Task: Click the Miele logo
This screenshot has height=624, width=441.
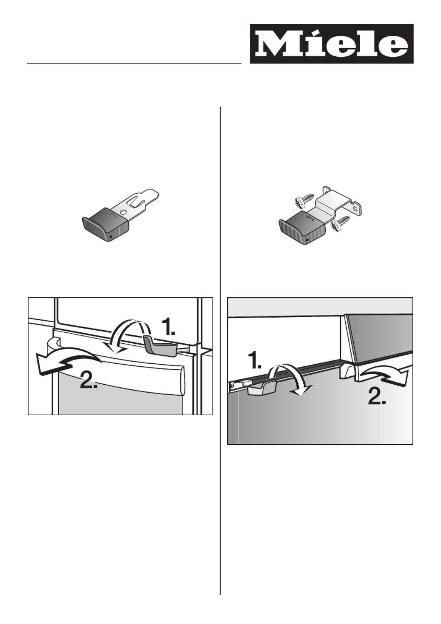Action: (331, 44)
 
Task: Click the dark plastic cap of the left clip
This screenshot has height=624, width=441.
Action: (106, 224)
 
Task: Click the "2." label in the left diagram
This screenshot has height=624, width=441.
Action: (89, 381)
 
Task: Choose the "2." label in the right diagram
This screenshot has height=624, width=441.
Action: (377, 397)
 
